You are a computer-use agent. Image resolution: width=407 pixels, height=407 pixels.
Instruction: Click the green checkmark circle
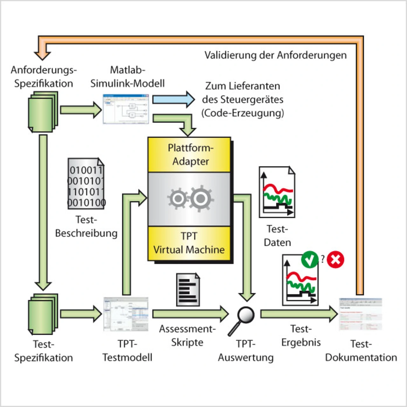(x=310, y=259)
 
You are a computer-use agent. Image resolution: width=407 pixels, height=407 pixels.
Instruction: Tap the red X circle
(x=335, y=259)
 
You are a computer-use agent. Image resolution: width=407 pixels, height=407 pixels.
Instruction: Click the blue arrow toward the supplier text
(x=173, y=100)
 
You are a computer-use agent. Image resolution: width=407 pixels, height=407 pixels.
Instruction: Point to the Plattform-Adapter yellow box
(x=190, y=155)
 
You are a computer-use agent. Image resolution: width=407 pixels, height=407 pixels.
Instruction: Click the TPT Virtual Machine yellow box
(x=190, y=243)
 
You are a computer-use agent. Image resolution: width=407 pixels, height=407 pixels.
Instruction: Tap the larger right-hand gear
(x=201, y=198)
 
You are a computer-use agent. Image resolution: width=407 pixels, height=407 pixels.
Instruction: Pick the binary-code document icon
(x=86, y=184)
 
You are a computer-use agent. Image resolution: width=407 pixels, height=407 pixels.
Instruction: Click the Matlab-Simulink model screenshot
(x=126, y=109)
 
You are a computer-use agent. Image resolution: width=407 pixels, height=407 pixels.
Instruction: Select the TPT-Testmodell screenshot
(x=126, y=314)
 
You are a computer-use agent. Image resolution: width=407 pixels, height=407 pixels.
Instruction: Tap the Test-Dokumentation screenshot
(x=360, y=314)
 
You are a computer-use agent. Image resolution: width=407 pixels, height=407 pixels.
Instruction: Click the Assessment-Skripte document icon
(x=188, y=290)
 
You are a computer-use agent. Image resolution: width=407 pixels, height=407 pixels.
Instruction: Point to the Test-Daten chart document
(x=277, y=192)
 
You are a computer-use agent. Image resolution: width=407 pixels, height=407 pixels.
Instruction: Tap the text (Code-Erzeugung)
(x=243, y=113)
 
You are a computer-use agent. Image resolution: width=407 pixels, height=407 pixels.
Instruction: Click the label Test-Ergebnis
(x=301, y=335)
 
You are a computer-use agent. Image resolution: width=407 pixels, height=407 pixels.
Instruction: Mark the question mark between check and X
(x=322, y=259)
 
